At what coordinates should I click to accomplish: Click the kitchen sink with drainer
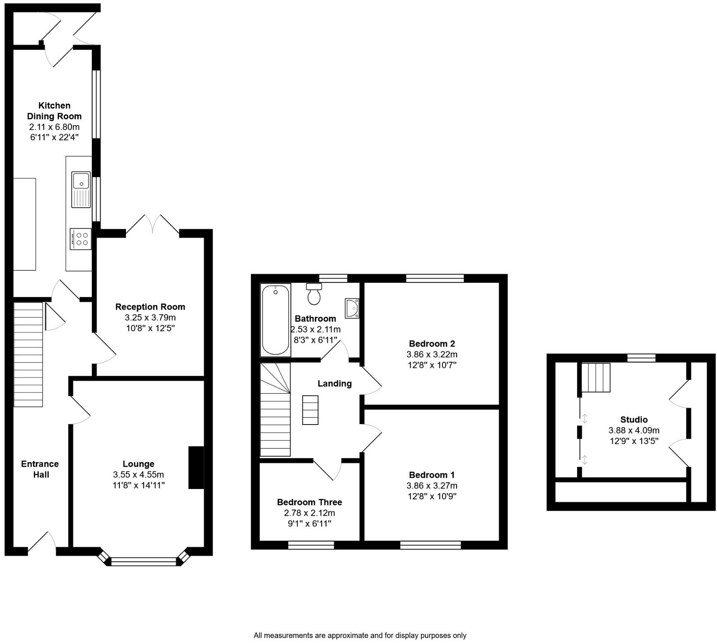point(81,190)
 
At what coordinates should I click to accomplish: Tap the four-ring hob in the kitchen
point(81,239)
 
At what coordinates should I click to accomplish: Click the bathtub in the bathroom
point(275,320)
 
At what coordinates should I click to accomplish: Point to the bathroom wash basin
point(352,308)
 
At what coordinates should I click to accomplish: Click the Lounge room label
point(138,464)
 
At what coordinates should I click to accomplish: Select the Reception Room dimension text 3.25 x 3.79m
point(150,318)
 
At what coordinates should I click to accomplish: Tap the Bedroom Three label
point(309,502)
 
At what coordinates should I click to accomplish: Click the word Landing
point(335,383)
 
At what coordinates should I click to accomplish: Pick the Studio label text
point(634,420)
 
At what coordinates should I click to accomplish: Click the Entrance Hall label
point(40,469)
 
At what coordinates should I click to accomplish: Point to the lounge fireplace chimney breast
point(196,467)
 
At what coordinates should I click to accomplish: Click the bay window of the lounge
point(144,561)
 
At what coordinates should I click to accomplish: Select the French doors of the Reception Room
point(153,225)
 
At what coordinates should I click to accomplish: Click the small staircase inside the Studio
point(596,377)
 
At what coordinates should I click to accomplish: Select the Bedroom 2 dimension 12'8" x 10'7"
point(432,365)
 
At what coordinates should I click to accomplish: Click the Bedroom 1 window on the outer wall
point(430,545)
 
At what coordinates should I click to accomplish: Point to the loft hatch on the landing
point(310,410)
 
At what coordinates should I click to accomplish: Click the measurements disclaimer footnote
point(360,636)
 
